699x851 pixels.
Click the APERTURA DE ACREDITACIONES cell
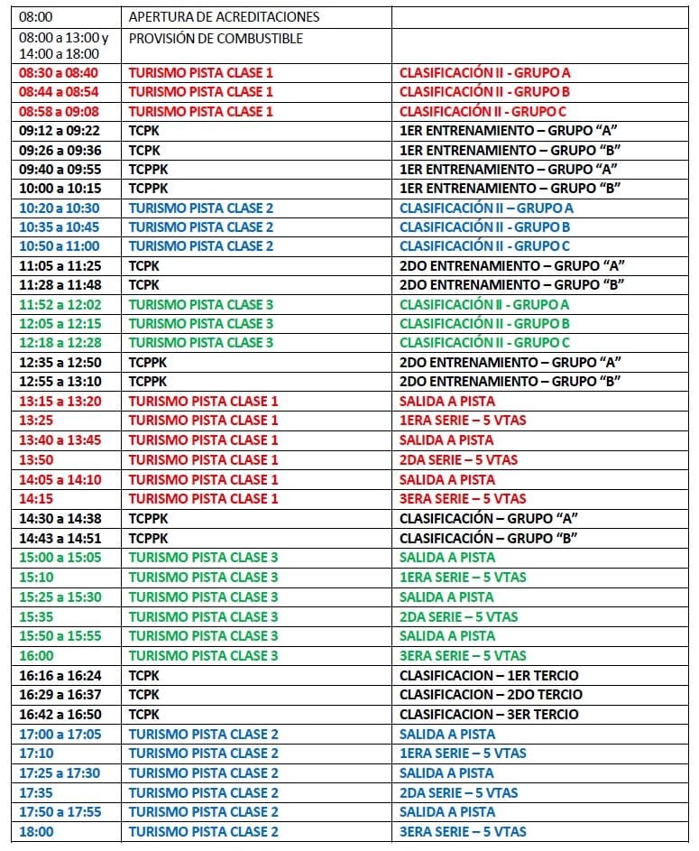(224, 17)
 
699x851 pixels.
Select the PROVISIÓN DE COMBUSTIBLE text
(216, 39)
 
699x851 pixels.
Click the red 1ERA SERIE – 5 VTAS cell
(463, 421)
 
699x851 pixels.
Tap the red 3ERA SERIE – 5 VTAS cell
(463, 499)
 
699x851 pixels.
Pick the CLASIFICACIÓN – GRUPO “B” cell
(488, 538)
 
